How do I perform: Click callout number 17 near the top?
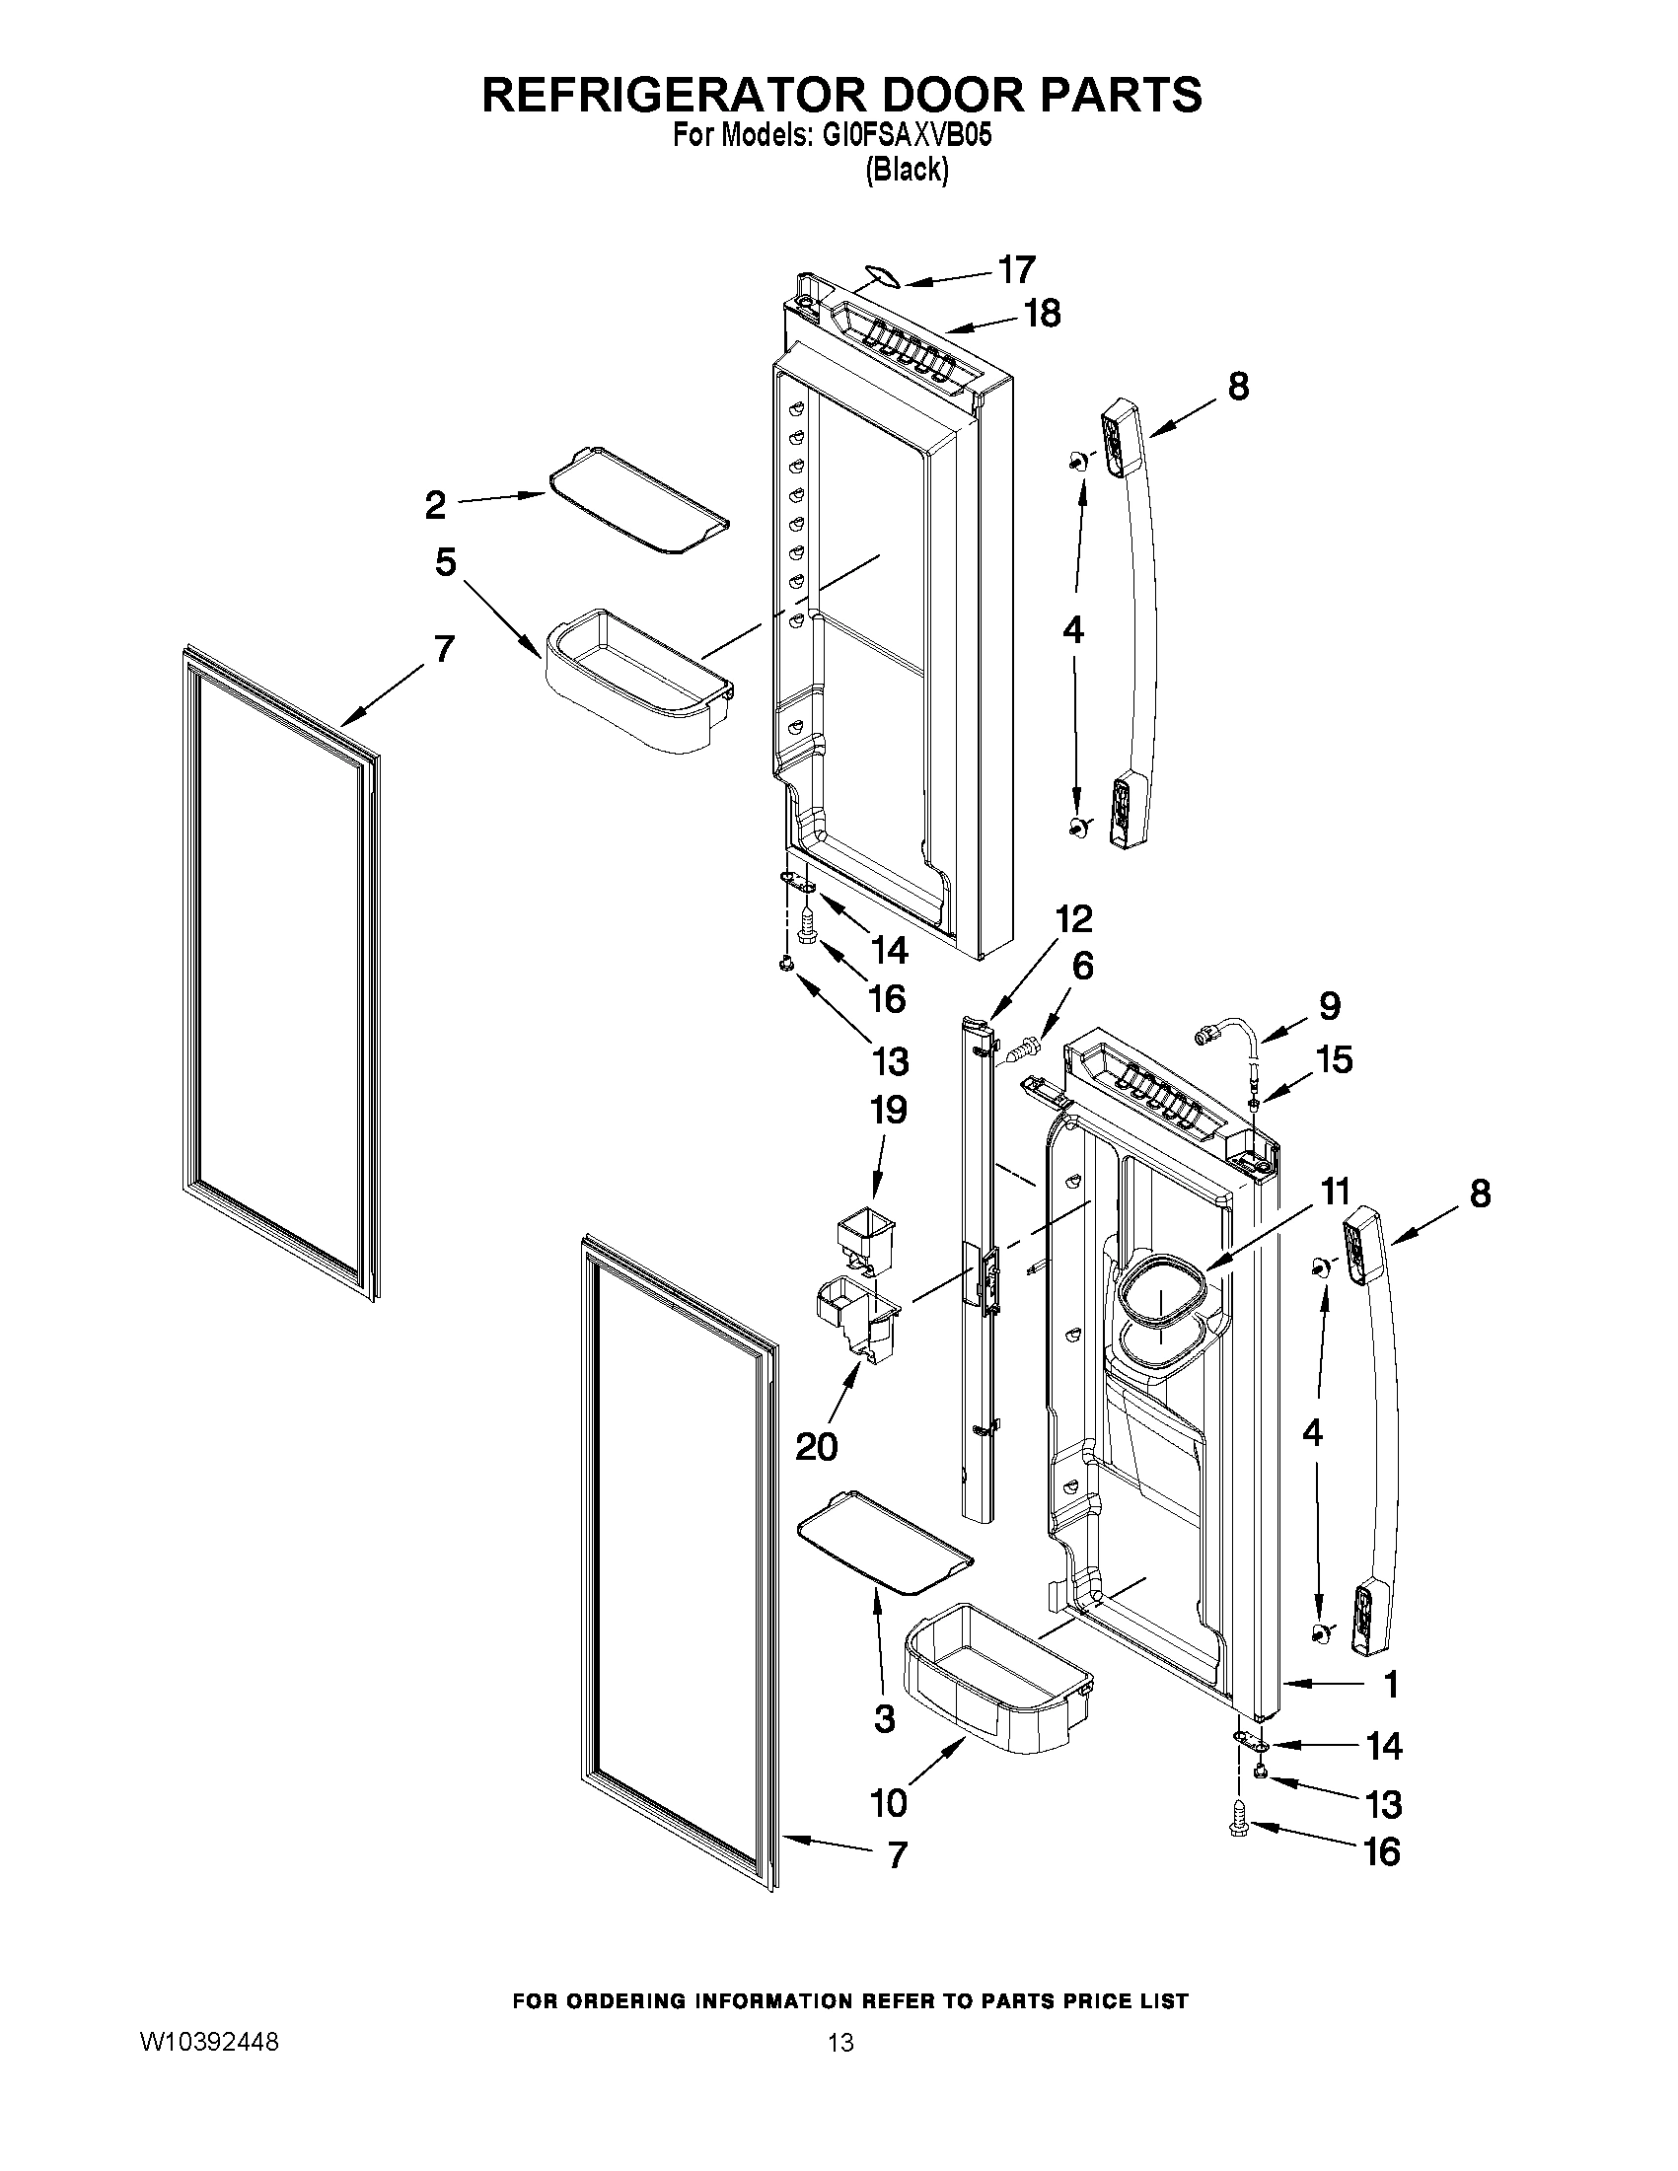coord(1016,269)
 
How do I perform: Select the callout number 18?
coord(1042,314)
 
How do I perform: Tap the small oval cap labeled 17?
coord(881,275)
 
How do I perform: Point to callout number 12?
coord(1074,918)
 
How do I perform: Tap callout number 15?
coord(1335,1059)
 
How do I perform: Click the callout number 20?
coord(816,1446)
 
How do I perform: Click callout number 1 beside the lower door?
coord(1392,1684)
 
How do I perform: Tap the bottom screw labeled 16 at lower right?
coord(1239,1826)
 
